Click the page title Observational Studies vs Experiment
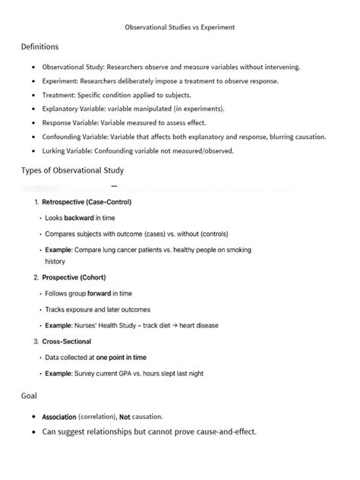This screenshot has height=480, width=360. pyautogui.click(x=180, y=27)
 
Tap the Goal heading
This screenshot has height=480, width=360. pyautogui.click(x=32, y=396)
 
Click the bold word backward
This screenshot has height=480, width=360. pyautogui.click(x=79, y=218)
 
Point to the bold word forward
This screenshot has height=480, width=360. pyautogui.click(x=99, y=293)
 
